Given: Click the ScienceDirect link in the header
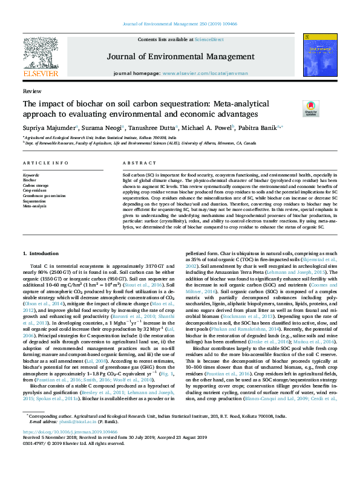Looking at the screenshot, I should click(x=209, y=39).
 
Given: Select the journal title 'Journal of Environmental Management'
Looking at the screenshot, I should click(x=180, y=57).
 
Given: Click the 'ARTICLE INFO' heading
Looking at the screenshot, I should click(x=45, y=164).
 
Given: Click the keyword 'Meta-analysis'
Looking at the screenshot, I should click(x=34, y=206).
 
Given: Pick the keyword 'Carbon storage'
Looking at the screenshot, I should click(x=36, y=185).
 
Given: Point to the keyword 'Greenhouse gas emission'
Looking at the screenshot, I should click(x=45, y=196).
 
